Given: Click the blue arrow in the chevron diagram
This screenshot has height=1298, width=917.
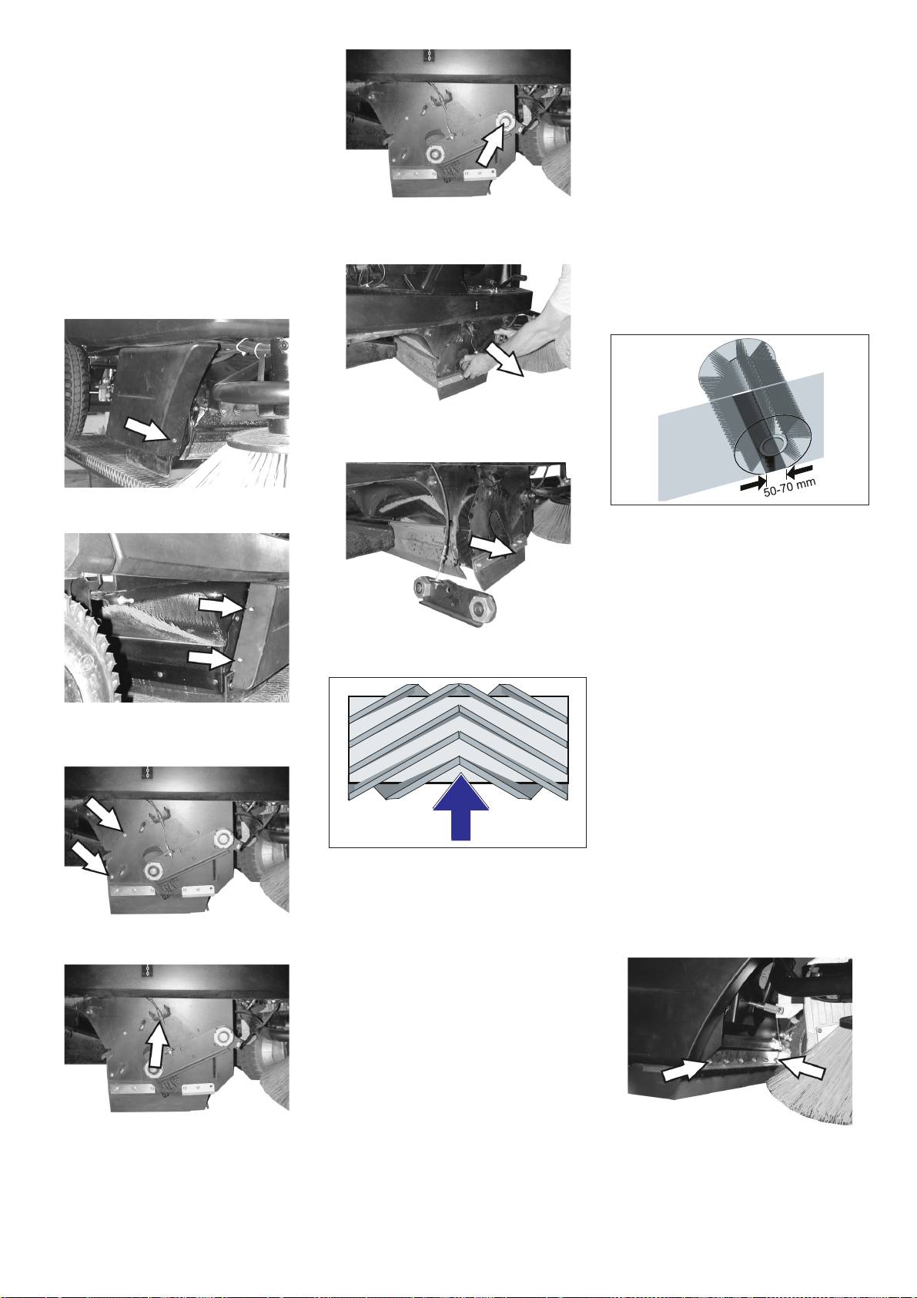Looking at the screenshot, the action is coord(460,807).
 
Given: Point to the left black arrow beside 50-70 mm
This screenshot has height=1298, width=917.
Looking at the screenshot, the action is coord(753,485).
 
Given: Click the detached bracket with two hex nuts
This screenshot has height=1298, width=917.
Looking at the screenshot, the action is coord(453,600).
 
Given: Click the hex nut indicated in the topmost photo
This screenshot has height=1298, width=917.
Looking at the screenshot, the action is coord(507,120).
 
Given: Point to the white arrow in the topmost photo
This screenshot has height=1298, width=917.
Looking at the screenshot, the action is coord(490,143).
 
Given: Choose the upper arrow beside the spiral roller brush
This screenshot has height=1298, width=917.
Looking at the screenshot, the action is coord(221,605).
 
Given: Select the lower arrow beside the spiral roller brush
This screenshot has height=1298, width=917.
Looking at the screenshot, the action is coord(213,658).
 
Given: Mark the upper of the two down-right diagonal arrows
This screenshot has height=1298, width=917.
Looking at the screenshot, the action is coord(106,813).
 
